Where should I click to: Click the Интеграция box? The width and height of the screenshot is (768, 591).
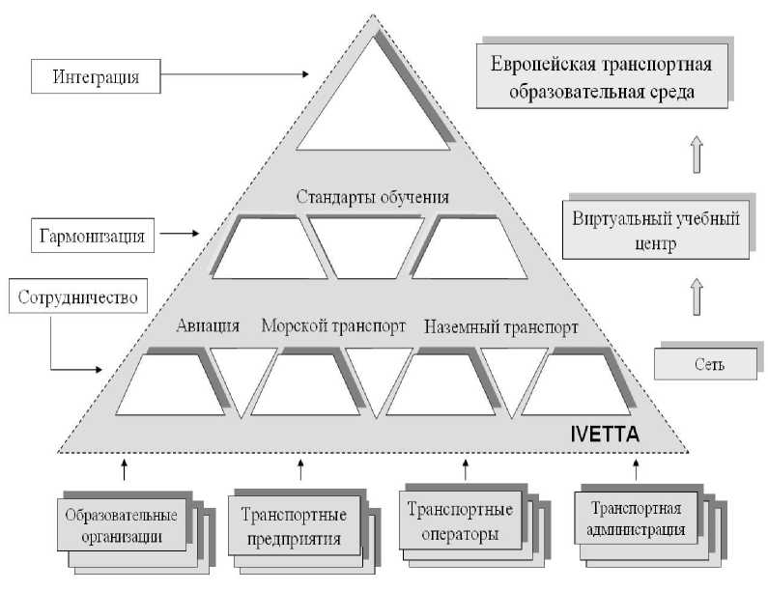point(94,75)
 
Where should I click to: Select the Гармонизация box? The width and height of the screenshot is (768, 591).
point(93,235)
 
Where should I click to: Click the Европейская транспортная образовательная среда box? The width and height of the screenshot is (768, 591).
point(601,81)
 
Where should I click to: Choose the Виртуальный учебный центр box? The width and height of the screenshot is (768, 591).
point(656,231)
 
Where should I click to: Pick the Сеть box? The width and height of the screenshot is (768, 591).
point(703,364)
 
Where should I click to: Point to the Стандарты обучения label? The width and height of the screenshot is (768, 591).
point(372,198)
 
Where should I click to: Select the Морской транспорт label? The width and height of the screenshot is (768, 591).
point(333,325)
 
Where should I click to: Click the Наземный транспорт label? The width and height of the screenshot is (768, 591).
point(500,326)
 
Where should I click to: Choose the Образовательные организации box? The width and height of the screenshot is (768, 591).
point(125,523)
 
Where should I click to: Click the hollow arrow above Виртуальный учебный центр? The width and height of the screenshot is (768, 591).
point(697,154)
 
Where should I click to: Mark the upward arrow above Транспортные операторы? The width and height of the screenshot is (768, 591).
point(466,469)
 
